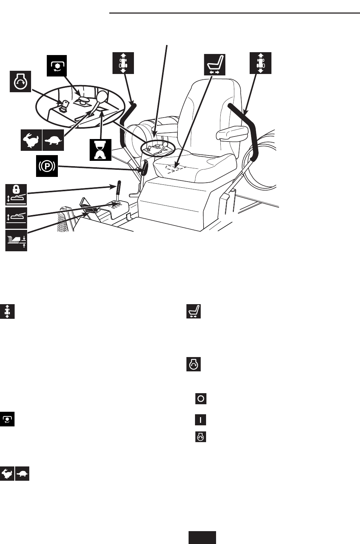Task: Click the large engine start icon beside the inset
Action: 20,81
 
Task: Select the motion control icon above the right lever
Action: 261,63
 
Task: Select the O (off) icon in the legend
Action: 201,399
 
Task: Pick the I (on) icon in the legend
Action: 201,419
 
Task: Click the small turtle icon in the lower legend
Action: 22,474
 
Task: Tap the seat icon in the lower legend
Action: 194,311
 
